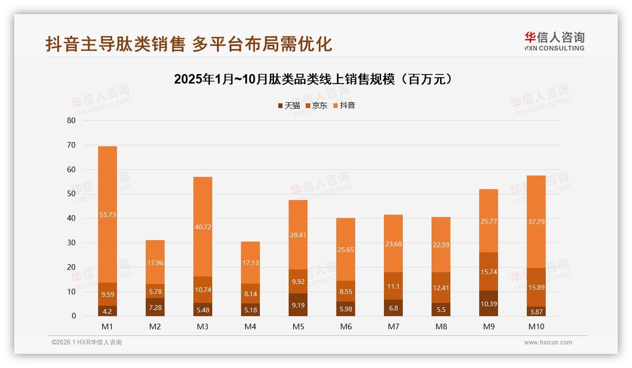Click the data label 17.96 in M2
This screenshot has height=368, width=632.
click(155, 263)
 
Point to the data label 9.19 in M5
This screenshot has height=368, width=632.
click(298, 305)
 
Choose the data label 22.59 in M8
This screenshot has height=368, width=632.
click(441, 244)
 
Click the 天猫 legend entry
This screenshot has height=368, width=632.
click(289, 106)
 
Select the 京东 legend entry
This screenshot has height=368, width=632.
click(316, 106)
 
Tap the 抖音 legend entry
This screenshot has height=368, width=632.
click(344, 106)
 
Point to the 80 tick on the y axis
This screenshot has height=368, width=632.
click(71, 120)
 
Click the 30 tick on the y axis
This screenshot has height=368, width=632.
click(71, 243)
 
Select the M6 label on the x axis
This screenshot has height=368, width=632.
click(346, 326)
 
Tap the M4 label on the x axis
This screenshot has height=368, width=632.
click(250, 326)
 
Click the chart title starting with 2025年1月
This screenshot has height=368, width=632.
click(313, 79)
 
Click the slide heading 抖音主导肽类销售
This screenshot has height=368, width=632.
click(189, 44)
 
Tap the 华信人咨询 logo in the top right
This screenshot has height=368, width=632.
click(554, 41)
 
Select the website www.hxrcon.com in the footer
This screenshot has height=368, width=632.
click(548, 343)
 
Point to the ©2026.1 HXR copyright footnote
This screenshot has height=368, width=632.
click(87, 343)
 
